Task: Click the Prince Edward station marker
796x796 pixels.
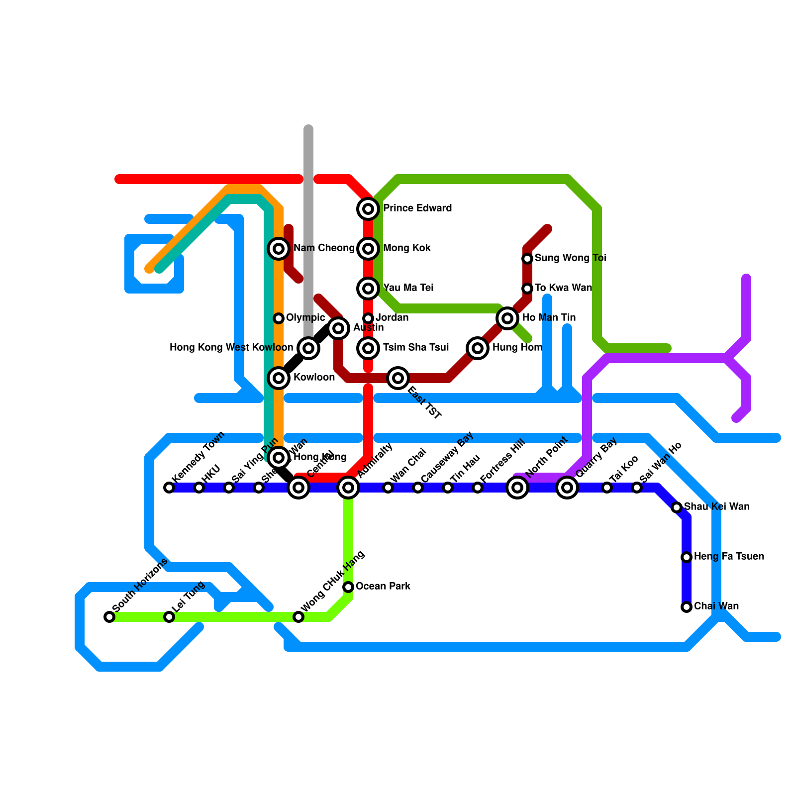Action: (x=368, y=209)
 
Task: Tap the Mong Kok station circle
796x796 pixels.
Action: (x=368, y=249)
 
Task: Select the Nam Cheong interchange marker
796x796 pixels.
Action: (x=279, y=249)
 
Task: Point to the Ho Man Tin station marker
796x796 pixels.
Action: (x=507, y=318)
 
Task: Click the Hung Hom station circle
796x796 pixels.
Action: (x=478, y=348)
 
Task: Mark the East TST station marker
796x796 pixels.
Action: (x=398, y=378)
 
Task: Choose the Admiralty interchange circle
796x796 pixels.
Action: (x=348, y=488)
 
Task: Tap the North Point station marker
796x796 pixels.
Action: (x=517, y=488)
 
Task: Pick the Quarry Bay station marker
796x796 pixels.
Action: (x=567, y=488)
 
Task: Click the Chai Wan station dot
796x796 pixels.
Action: (x=687, y=607)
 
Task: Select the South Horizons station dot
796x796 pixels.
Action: (x=109, y=617)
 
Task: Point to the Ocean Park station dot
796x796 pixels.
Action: (x=348, y=587)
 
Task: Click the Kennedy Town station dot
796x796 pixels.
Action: (x=169, y=488)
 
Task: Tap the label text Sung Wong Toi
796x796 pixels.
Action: (x=570, y=258)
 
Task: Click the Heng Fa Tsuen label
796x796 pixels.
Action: (x=729, y=557)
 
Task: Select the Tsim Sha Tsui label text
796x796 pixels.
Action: (x=415, y=348)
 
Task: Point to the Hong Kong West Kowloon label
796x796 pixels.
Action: (x=231, y=348)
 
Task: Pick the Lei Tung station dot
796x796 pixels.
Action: (x=169, y=617)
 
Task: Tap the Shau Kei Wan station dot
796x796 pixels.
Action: (x=677, y=507)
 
